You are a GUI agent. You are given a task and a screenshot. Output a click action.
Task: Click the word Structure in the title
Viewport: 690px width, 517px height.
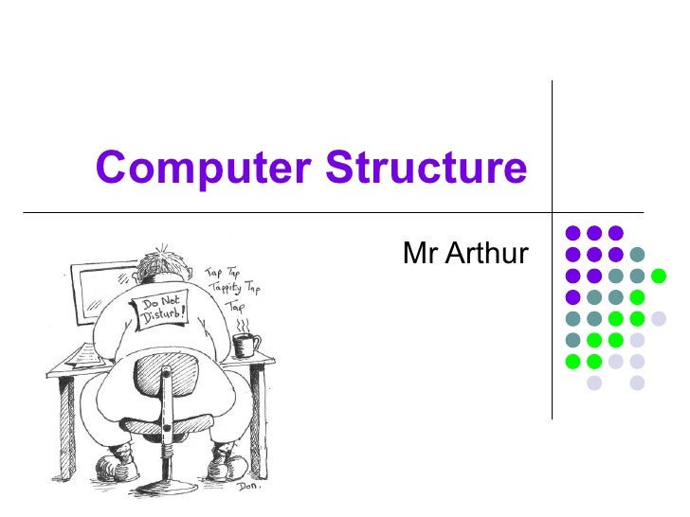(426, 169)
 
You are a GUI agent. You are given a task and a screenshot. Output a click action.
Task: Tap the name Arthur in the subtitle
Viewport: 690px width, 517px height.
(484, 254)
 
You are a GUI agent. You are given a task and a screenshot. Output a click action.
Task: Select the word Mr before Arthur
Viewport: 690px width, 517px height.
(418, 254)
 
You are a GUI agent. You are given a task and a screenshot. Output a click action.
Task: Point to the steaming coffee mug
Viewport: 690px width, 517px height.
(245, 345)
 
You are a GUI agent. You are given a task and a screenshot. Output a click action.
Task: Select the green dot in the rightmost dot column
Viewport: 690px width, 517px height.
(658, 275)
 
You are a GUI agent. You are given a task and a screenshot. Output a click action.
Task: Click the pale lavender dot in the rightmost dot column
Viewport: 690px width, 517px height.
(658, 318)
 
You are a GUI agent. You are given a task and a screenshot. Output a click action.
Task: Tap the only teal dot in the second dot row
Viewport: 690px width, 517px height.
(637, 254)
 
